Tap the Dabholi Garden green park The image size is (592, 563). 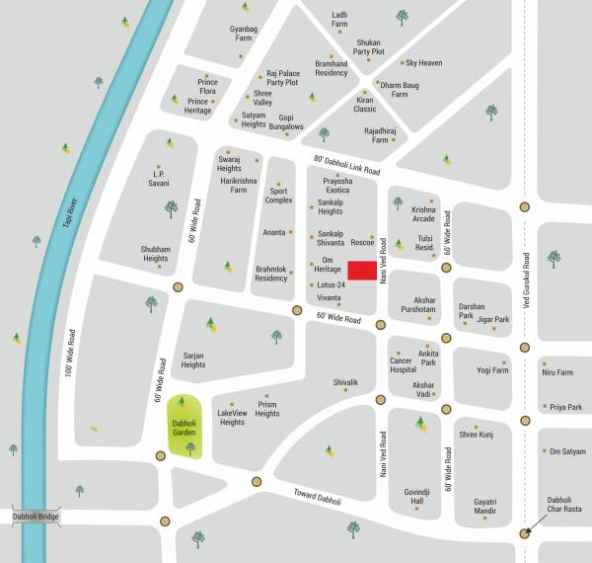tap(183, 424)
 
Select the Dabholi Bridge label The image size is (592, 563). tap(37, 517)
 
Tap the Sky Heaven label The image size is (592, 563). tap(424, 63)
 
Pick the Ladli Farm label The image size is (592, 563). tap(340, 20)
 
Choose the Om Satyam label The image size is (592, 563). tap(567, 449)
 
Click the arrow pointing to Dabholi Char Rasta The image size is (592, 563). tap(533, 525)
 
